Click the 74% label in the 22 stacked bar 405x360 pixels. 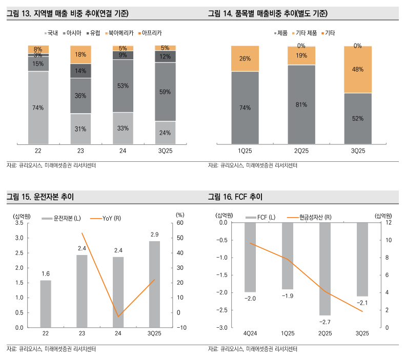tap(38, 108)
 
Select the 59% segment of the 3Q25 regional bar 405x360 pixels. tap(165, 92)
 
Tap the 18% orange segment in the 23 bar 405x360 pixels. tap(80, 54)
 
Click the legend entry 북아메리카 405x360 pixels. tap(119, 33)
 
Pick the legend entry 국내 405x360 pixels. tap(51, 33)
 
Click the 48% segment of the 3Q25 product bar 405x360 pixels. tap(358, 70)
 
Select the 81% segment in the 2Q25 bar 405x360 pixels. tap(301, 104)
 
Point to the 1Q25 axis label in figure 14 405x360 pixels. tap(245, 151)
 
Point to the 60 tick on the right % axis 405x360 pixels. tap(179, 223)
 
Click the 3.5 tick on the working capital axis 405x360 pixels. tap(19, 223)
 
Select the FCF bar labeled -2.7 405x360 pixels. tap(325, 269)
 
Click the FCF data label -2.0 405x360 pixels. tap(250, 298)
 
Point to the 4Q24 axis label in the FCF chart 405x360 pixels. tap(250, 333)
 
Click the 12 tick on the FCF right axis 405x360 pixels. tap(389, 223)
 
